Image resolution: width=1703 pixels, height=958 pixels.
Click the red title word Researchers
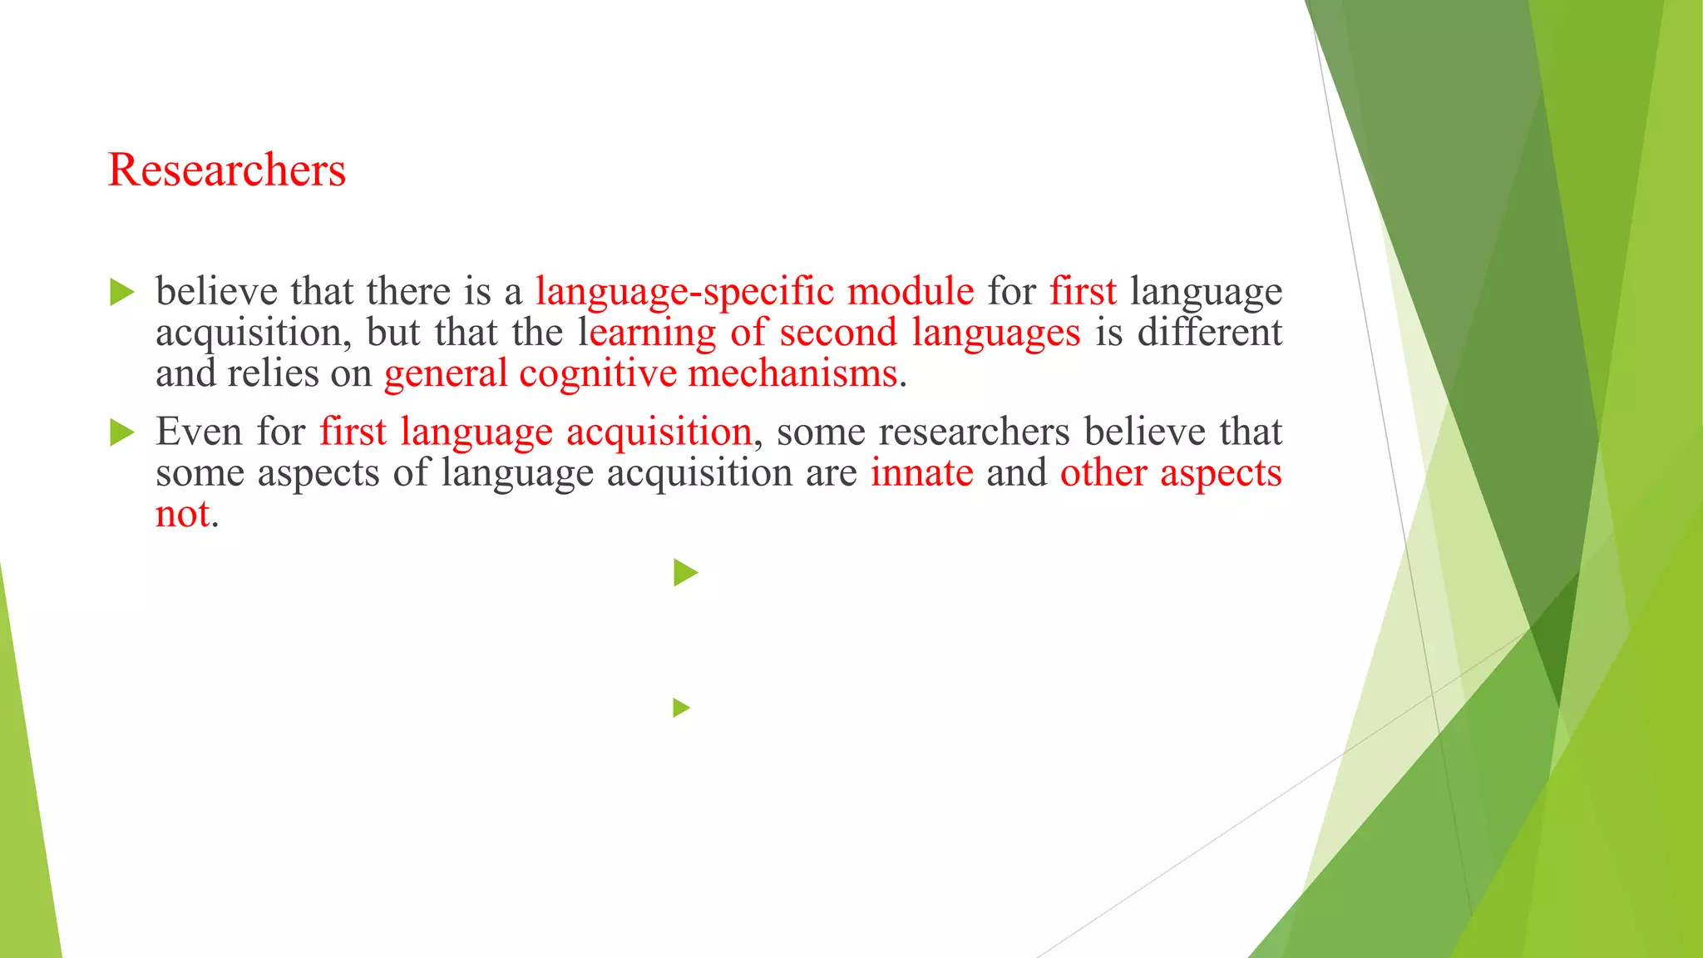click(226, 170)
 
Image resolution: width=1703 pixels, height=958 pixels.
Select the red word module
click(910, 292)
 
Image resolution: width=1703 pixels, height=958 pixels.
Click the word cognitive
click(598, 373)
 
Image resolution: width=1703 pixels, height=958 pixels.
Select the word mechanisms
click(793, 373)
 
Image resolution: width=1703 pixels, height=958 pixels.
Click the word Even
click(200, 432)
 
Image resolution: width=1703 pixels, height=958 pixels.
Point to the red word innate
click(921, 473)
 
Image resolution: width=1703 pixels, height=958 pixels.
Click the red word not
click(183, 514)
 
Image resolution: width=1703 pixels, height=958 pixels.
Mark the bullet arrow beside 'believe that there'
click(121, 293)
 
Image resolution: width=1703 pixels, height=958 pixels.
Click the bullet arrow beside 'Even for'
click(121, 432)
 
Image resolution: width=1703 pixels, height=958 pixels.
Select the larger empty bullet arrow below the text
click(685, 572)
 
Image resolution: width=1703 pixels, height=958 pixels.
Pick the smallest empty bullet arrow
click(681, 708)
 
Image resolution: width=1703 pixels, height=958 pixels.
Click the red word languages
click(995, 333)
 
